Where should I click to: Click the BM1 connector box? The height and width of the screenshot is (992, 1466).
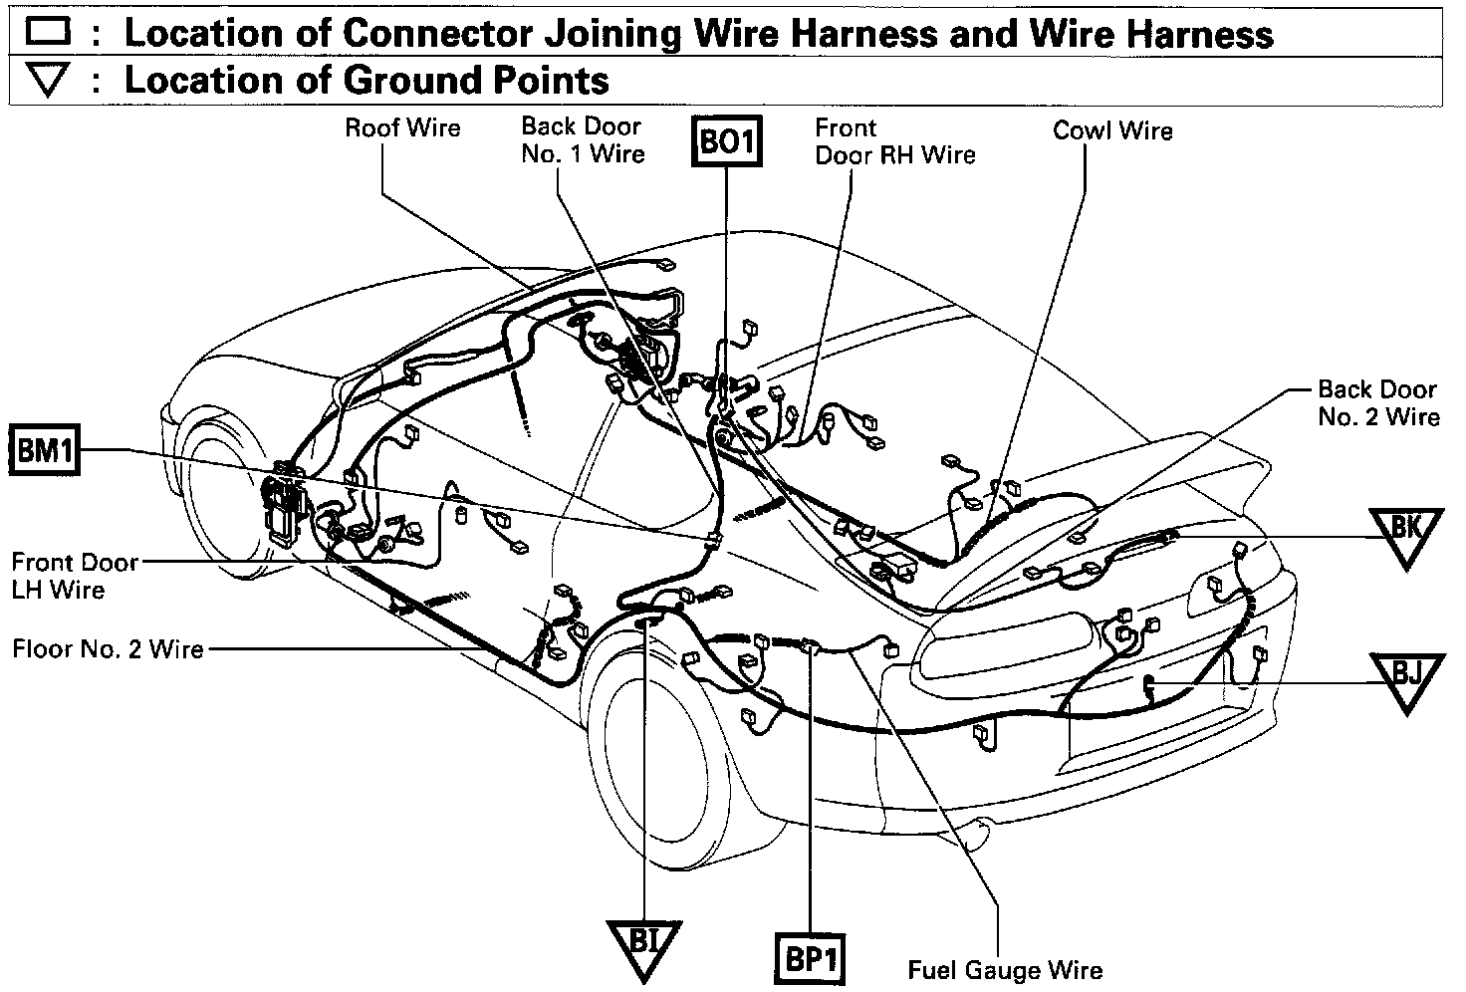45,452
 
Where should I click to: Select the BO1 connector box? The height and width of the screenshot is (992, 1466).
726,141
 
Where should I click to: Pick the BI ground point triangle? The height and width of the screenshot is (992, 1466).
643,942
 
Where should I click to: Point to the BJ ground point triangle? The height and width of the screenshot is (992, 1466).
1405,677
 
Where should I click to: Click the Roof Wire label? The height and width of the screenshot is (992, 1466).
402,127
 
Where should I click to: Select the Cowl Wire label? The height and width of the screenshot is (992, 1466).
1112,130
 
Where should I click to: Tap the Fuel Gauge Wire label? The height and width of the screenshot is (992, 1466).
1005,969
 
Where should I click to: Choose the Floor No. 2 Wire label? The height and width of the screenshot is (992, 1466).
108,649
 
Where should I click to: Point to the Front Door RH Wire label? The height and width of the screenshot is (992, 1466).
894,141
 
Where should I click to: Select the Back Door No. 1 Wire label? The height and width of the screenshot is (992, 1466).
583,139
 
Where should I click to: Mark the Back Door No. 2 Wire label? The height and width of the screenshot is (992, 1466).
1377,402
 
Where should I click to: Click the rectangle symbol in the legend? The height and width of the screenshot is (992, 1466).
48,33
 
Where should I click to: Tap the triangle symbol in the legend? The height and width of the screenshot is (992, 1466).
48,81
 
